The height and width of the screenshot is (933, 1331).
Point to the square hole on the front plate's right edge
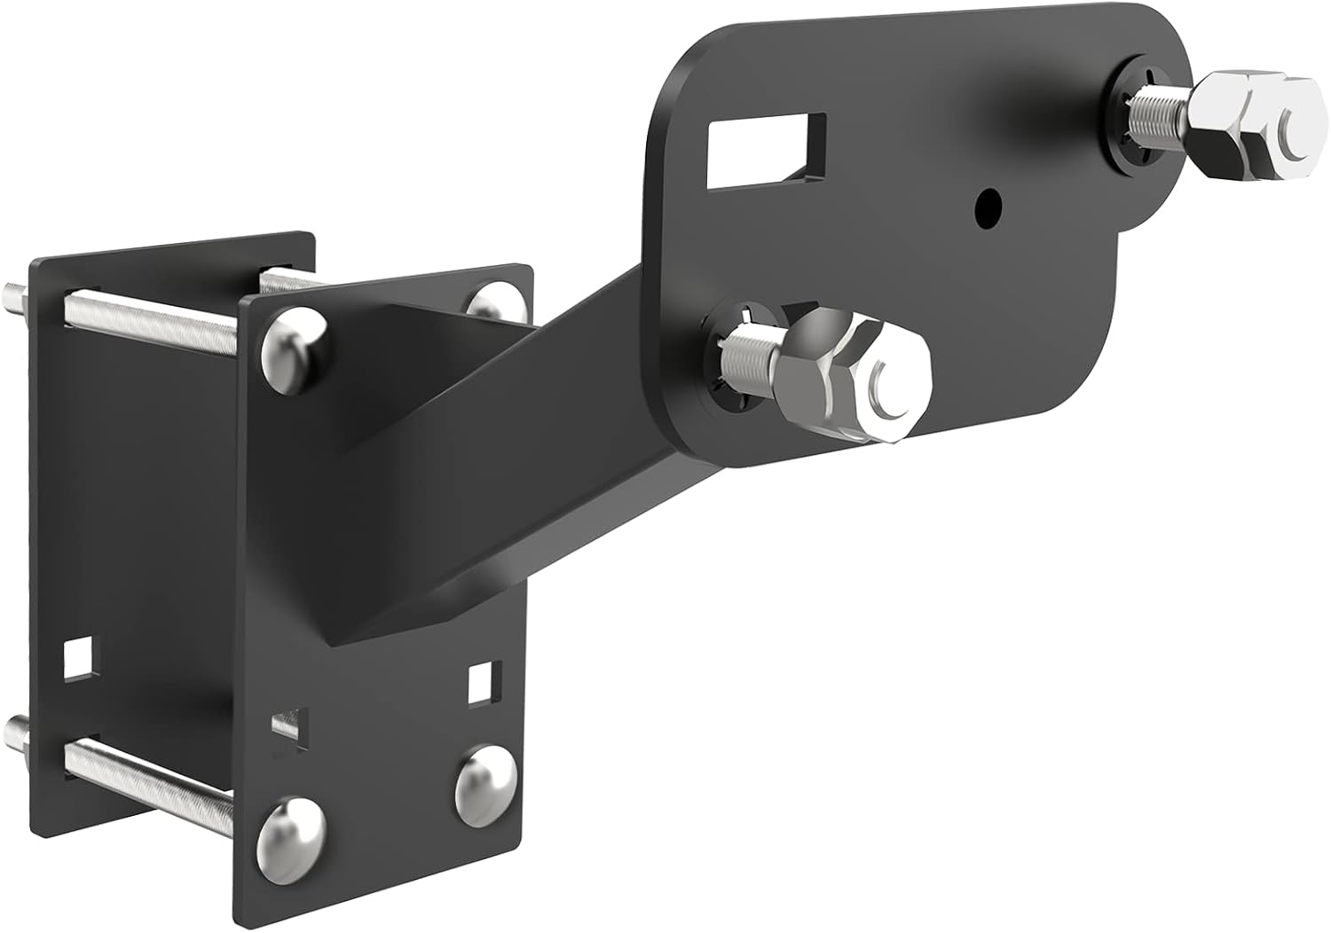coord(482,681)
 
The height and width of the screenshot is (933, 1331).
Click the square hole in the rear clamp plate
coord(79,655)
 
